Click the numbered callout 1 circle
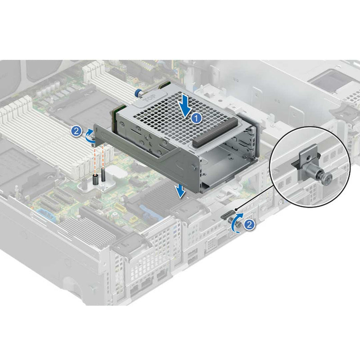(195, 118)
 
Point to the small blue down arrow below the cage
(180, 191)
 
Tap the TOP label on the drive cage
(150, 97)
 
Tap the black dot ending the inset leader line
(235, 210)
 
